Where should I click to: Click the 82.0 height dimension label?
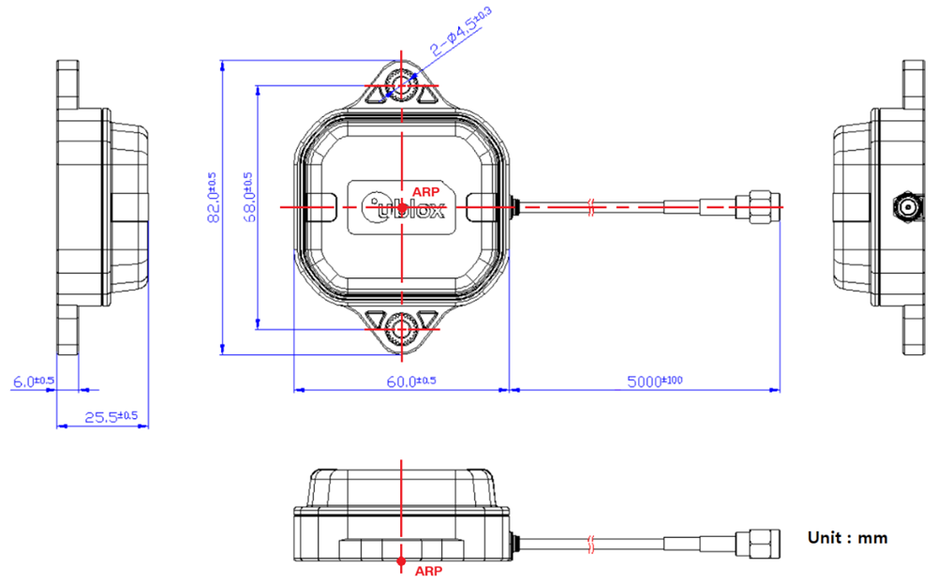[x=212, y=197]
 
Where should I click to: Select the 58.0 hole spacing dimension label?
[x=247, y=197]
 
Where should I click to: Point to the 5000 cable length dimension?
[x=656, y=381]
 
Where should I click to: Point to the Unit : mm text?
[x=847, y=538]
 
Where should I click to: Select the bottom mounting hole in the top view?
[x=402, y=329]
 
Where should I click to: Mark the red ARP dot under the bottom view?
[x=402, y=561]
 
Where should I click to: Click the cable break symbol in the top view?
[x=590, y=206]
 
